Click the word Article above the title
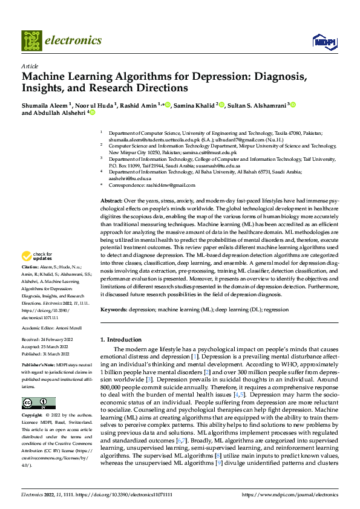click(x=30, y=66)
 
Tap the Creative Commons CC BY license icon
click(x=39, y=403)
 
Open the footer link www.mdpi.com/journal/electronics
click(x=290, y=495)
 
